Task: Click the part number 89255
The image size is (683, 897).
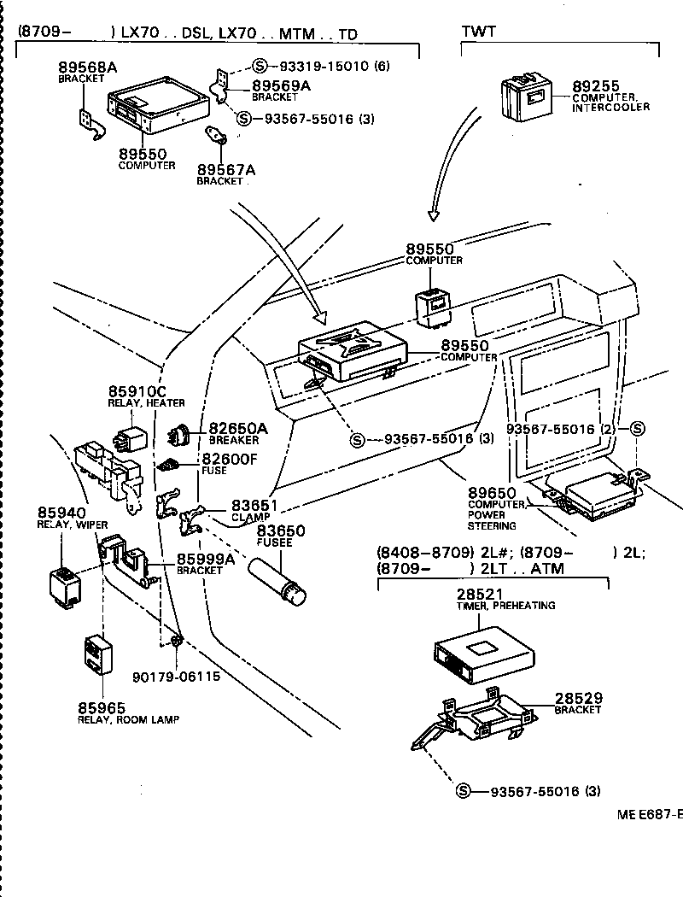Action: click(x=597, y=86)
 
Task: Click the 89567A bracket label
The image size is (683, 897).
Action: click(x=225, y=169)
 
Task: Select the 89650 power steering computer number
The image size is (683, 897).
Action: click(x=492, y=493)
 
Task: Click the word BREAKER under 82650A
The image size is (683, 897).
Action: click(x=233, y=440)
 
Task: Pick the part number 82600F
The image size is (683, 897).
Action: click(x=229, y=460)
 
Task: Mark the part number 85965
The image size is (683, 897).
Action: click(x=102, y=707)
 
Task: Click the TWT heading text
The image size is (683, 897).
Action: click(x=480, y=32)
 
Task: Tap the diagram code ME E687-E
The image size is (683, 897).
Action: click(x=649, y=814)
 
